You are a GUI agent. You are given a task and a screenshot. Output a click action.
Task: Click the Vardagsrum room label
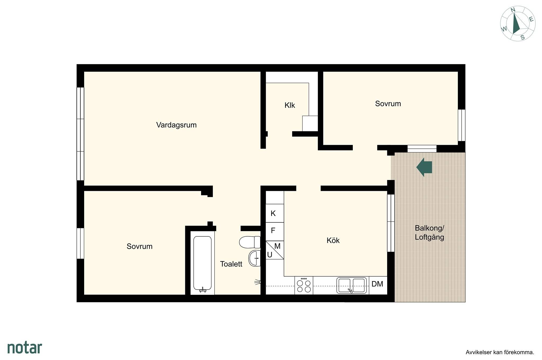176,125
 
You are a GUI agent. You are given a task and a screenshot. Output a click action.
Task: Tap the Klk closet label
290,105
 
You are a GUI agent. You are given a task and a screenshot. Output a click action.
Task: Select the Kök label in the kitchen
333,240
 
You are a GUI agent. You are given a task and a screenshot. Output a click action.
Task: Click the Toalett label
231,264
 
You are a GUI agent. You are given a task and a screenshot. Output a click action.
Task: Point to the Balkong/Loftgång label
429,232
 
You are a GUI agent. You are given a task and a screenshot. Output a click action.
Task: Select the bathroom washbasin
254,258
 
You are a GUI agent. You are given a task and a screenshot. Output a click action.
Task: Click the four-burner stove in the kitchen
304,285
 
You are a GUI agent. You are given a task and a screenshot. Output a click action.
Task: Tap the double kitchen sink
352,285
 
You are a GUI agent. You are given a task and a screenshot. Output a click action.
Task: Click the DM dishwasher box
378,285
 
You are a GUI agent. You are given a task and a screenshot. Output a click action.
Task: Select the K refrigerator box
275,213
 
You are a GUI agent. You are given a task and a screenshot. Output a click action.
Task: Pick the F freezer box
275,231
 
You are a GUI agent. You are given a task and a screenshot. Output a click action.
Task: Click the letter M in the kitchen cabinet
277,246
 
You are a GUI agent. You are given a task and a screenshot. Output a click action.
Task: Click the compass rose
518,24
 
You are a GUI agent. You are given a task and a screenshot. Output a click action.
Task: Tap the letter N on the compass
513,10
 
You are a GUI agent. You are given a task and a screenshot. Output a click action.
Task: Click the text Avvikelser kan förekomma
500,352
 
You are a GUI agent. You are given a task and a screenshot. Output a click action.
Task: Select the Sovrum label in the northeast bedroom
388,104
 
